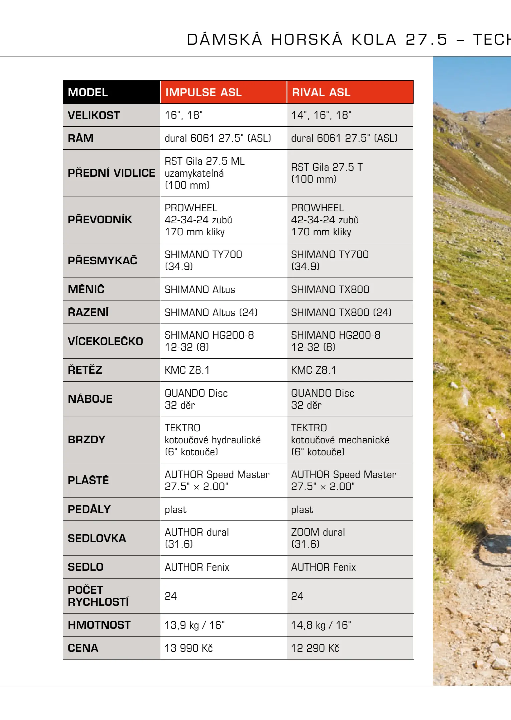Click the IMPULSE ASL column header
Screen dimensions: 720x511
tap(203, 92)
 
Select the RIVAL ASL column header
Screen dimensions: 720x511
tap(321, 92)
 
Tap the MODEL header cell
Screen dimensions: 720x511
tap(88, 92)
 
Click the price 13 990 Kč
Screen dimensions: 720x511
tap(188, 648)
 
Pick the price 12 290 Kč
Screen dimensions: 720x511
tap(315, 648)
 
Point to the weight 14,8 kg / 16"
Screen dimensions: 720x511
tap(321, 625)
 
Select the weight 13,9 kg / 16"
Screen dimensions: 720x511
tap(194, 625)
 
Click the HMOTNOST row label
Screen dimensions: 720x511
tap(99, 625)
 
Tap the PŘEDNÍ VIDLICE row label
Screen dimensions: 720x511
tap(111, 173)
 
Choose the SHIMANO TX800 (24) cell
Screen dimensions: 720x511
tap(341, 312)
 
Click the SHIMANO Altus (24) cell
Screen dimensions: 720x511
tap(211, 312)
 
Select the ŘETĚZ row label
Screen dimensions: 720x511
tap(85, 370)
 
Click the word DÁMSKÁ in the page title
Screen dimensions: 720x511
tap(224, 40)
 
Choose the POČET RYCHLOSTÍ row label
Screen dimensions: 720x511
tap(98, 596)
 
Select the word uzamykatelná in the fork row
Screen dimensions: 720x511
tap(194, 173)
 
